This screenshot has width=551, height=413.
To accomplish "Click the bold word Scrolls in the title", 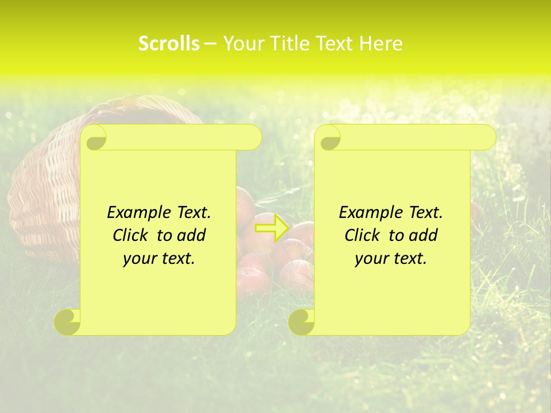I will pyautogui.click(x=169, y=44).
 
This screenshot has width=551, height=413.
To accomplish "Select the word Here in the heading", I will pyautogui.click(x=380, y=44).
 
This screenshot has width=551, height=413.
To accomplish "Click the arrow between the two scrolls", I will pyautogui.click(x=271, y=227).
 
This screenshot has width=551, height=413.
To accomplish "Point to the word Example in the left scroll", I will pyautogui.click(x=137, y=212).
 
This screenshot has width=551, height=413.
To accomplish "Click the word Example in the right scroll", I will pyautogui.click(x=369, y=212).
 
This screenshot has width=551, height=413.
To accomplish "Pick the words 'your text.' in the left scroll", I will pyautogui.click(x=159, y=259).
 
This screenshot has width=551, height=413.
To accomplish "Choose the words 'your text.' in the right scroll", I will pyautogui.click(x=391, y=259).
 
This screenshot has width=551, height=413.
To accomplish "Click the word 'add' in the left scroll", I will pyautogui.click(x=191, y=235).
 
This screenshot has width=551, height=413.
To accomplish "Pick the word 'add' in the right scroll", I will pyautogui.click(x=423, y=235).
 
